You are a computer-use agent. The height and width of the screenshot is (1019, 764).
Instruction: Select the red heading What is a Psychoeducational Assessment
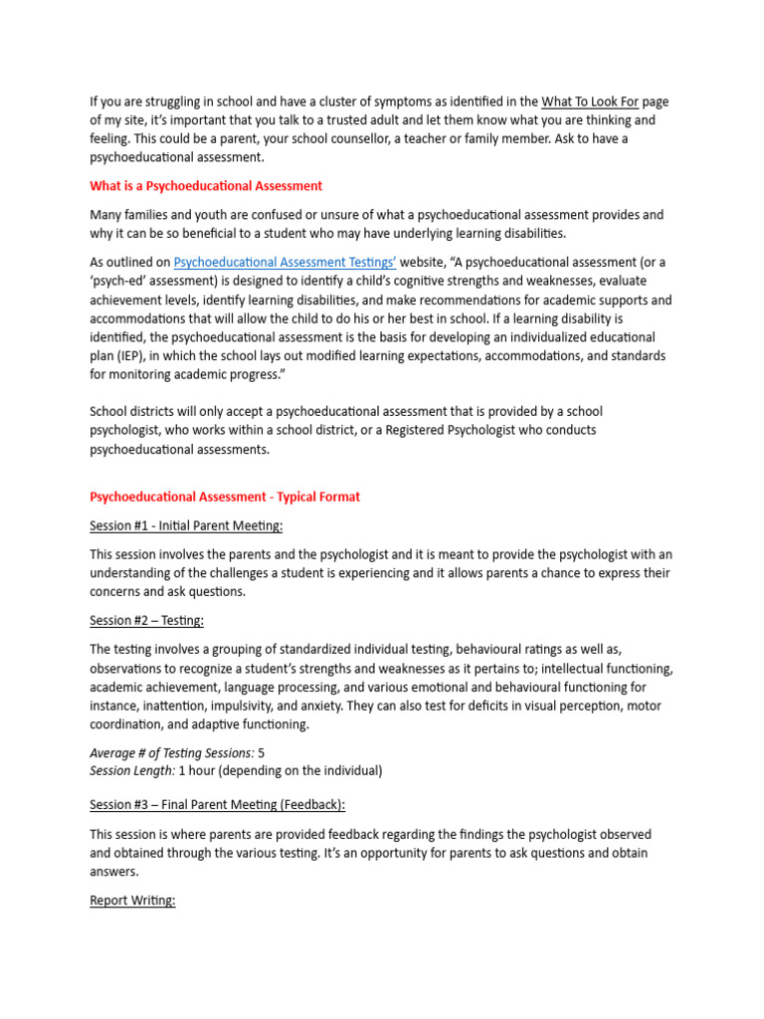[x=206, y=186]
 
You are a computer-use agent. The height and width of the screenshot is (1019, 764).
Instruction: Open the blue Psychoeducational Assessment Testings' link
[x=286, y=263]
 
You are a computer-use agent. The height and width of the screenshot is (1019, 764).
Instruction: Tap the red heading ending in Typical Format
[x=225, y=497]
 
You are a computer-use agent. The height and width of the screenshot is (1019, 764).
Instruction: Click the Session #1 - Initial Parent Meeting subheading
[x=186, y=525]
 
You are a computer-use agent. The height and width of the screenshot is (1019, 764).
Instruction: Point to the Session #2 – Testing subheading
[x=146, y=621]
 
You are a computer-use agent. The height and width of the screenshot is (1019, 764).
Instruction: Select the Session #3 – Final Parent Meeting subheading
[x=218, y=805]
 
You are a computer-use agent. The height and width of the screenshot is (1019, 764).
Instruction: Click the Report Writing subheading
[x=132, y=901]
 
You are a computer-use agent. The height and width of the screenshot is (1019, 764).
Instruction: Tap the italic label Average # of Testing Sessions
[x=171, y=753]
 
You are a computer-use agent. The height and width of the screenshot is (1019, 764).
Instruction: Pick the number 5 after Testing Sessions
[x=262, y=753]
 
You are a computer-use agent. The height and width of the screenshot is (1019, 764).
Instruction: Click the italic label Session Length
[x=131, y=771]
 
